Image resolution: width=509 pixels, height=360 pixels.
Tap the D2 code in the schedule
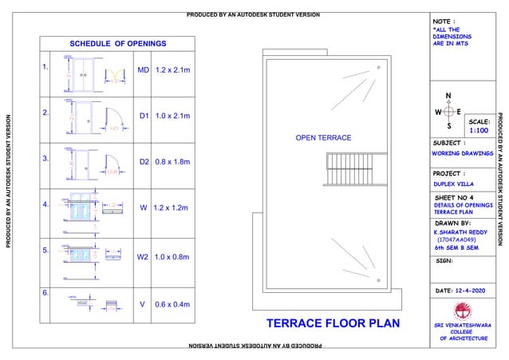point(144,162)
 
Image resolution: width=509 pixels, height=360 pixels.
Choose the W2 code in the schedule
point(144,258)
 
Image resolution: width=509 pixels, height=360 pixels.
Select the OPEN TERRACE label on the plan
point(323,139)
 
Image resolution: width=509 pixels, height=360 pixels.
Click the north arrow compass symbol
point(448,113)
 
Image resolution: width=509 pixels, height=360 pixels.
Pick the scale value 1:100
point(479,129)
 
